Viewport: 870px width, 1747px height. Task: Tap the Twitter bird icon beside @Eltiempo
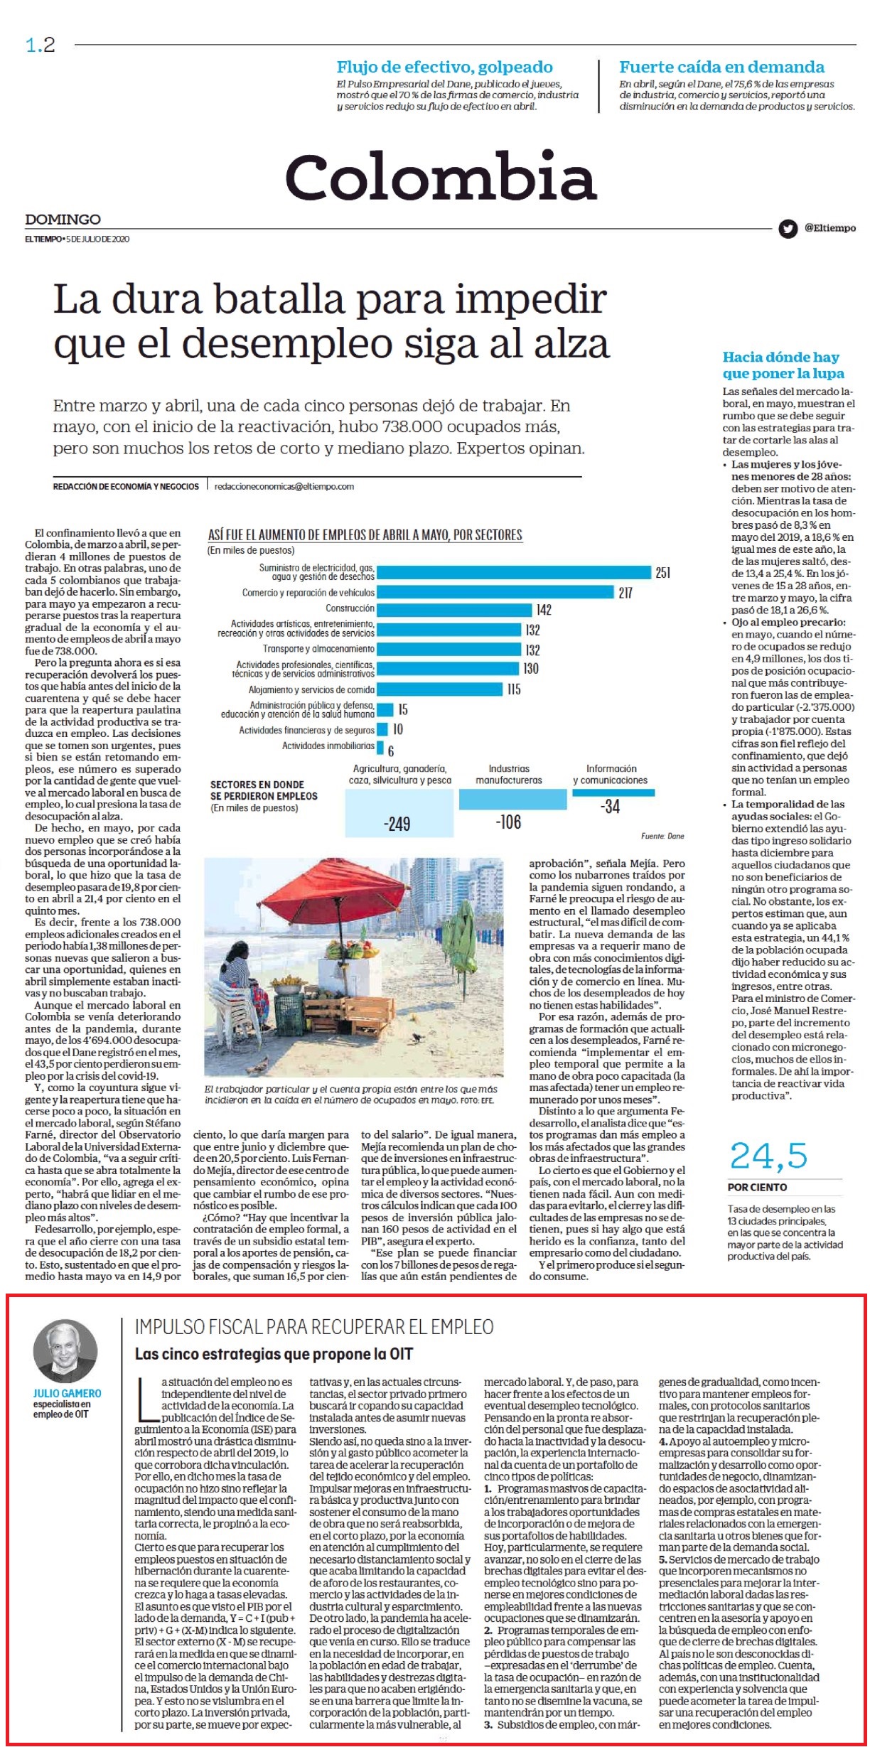pyautogui.click(x=788, y=229)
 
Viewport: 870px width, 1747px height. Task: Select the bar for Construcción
pyautogui.click(x=454, y=609)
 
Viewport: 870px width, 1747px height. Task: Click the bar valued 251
pyautogui.click(x=514, y=572)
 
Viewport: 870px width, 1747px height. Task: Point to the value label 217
pyautogui.click(x=625, y=593)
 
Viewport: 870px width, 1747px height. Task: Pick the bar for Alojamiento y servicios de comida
pyautogui.click(x=439, y=689)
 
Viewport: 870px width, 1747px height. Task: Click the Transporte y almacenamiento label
pyautogui.click(x=318, y=649)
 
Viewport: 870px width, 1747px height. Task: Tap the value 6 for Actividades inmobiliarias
pyautogui.click(x=391, y=751)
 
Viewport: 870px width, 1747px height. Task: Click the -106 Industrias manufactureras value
pyautogui.click(x=508, y=822)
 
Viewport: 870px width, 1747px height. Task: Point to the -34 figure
pyautogui.click(x=610, y=807)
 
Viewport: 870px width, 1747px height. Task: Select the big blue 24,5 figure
pyautogui.click(x=769, y=1156)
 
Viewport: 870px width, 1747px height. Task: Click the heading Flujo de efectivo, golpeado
pyautogui.click(x=445, y=68)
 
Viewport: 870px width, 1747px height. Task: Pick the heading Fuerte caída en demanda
pyautogui.click(x=721, y=68)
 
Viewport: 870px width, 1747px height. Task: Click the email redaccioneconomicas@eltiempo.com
pyautogui.click(x=284, y=487)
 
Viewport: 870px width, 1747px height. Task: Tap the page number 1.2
pyautogui.click(x=41, y=45)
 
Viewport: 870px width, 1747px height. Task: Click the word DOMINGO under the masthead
pyautogui.click(x=63, y=220)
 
